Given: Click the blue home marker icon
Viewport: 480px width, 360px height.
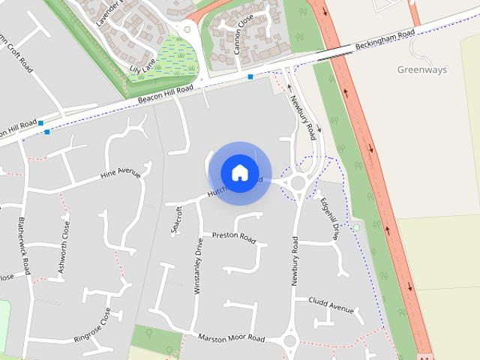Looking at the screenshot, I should [x=239, y=172].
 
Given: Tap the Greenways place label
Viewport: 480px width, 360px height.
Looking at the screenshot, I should [x=421, y=70].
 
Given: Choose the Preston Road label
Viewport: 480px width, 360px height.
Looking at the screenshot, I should [x=234, y=237].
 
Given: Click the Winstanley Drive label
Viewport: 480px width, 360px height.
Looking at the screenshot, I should [x=199, y=265].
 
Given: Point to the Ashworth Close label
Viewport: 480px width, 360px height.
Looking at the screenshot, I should [x=66, y=241].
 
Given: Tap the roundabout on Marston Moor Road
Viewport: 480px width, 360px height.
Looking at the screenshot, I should [x=290, y=342].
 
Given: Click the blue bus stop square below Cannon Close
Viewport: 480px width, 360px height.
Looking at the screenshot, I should [x=250, y=76].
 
